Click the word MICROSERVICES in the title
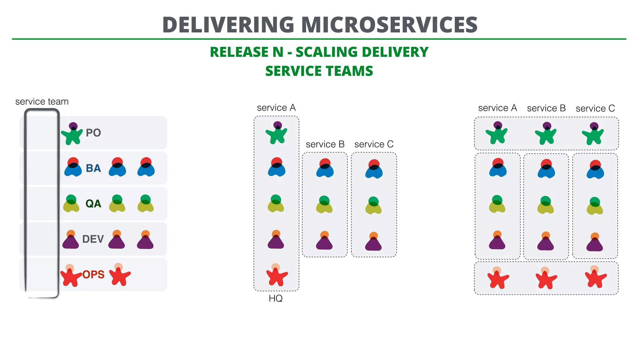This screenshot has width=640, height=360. tap(389, 25)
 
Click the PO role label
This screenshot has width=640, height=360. tap(93, 133)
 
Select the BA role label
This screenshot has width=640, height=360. tap(93, 168)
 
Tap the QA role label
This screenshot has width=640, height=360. tap(93, 204)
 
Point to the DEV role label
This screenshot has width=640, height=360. tap(93, 239)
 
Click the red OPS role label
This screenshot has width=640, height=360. tap(93, 274)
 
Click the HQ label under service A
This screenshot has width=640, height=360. tap(276, 298)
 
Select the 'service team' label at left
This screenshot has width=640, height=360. tap(42, 102)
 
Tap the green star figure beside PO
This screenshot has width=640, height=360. tap(72, 134)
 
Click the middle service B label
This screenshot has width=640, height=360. tap(325, 144)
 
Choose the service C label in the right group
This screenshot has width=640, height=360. tap(595, 108)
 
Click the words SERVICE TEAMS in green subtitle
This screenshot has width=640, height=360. tap(319, 71)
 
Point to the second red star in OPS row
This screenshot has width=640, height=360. tap(119, 275)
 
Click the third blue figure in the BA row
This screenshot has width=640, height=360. tap(146, 168)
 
